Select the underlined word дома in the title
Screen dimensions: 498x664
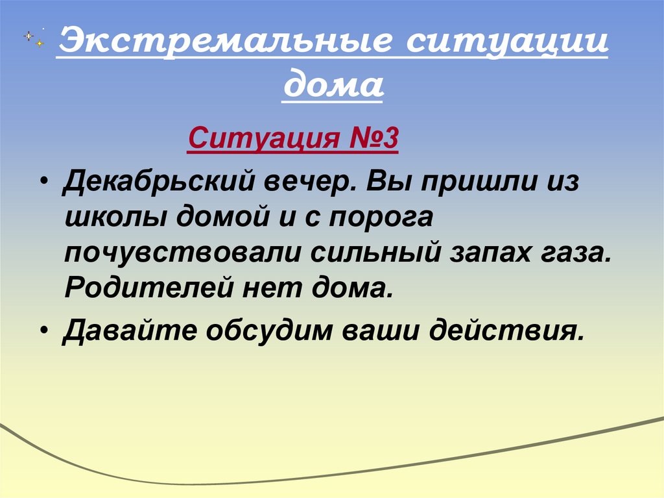coord(333,86)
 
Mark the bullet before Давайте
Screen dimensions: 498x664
coord(43,330)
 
